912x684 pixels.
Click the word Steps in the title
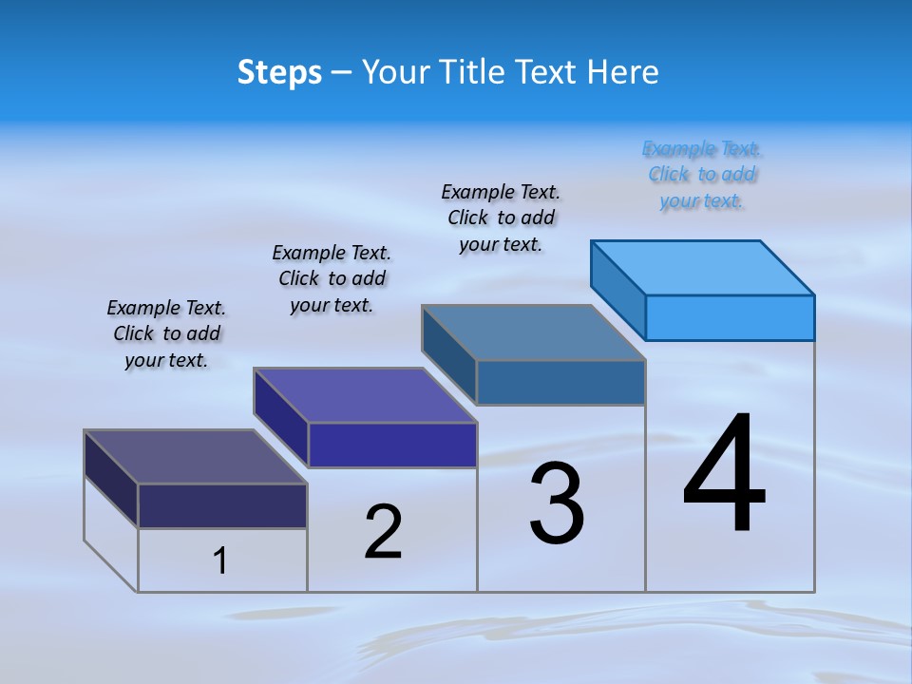[x=279, y=72]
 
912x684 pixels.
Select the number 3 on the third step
[x=557, y=504]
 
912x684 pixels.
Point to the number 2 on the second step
[x=384, y=532]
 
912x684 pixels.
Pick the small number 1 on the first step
[x=220, y=561]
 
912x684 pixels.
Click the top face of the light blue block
[x=703, y=267]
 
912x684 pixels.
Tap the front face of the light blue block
[x=730, y=317]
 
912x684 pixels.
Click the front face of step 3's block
[x=560, y=383]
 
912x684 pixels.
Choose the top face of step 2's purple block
[x=366, y=394]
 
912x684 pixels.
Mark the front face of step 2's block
[x=392, y=445]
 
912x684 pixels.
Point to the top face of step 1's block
[x=196, y=456]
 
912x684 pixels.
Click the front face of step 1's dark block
[x=222, y=505]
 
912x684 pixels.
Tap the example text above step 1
[x=166, y=333]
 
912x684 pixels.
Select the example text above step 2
[x=332, y=278]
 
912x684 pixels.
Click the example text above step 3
[x=501, y=218]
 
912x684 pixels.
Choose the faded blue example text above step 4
[x=702, y=174]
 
